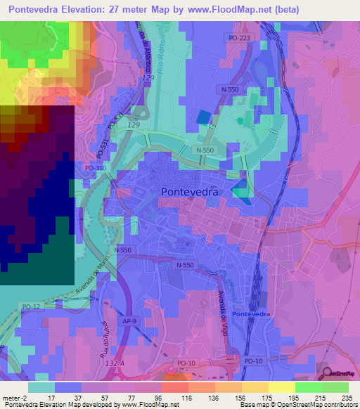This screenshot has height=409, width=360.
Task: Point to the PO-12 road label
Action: click(30, 306)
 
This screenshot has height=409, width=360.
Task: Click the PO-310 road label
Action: click(95, 169)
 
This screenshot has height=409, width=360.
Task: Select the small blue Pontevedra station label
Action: click(251, 313)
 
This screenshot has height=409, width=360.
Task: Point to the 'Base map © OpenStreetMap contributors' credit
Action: click(298, 405)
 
